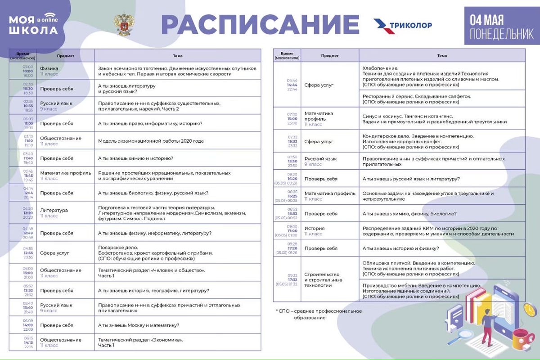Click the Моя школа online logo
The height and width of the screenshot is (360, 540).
click(x=34, y=25)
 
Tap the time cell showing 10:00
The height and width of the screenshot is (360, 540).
click(x=28, y=71)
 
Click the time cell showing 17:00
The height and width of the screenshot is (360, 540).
click(x=292, y=231)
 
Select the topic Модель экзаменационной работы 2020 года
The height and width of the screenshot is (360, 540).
click(x=151, y=141)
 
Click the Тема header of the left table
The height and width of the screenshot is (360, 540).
click(x=178, y=56)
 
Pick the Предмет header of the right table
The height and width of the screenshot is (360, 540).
click(x=330, y=56)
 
